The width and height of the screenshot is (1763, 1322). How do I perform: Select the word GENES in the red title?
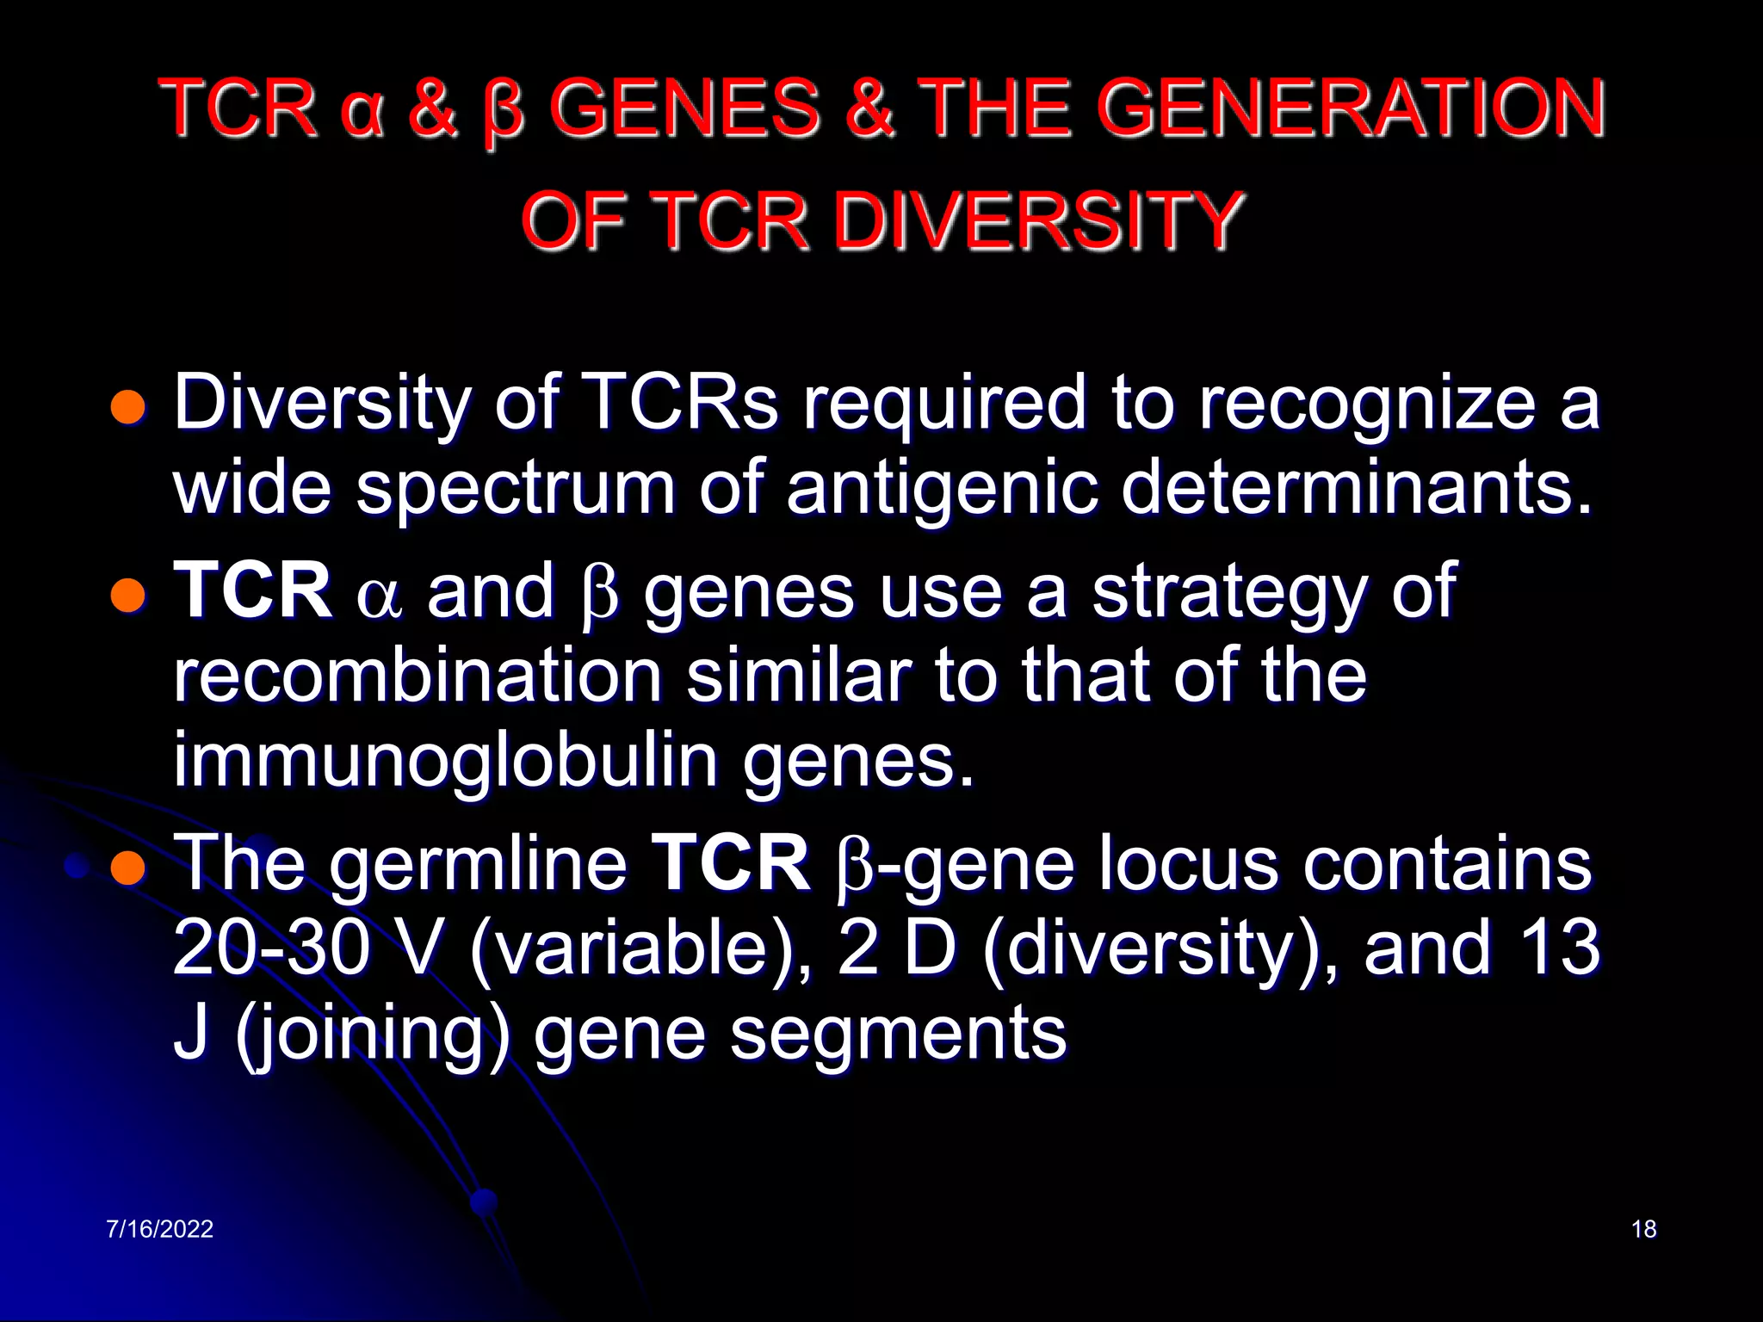[684, 109]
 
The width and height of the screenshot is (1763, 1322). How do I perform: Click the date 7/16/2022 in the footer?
[160, 1229]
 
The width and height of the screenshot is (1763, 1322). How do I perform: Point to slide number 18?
[1643, 1229]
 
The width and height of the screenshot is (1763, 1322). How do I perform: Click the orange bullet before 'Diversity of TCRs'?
[128, 406]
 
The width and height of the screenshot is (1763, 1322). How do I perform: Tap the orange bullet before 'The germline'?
[128, 868]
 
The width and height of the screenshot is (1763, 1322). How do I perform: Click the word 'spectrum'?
[516, 489]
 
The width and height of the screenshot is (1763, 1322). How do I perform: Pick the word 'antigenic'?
[942, 489]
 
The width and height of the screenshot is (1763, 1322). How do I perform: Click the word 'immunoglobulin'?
[446, 761]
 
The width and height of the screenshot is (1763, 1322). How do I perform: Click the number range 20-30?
[272, 948]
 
